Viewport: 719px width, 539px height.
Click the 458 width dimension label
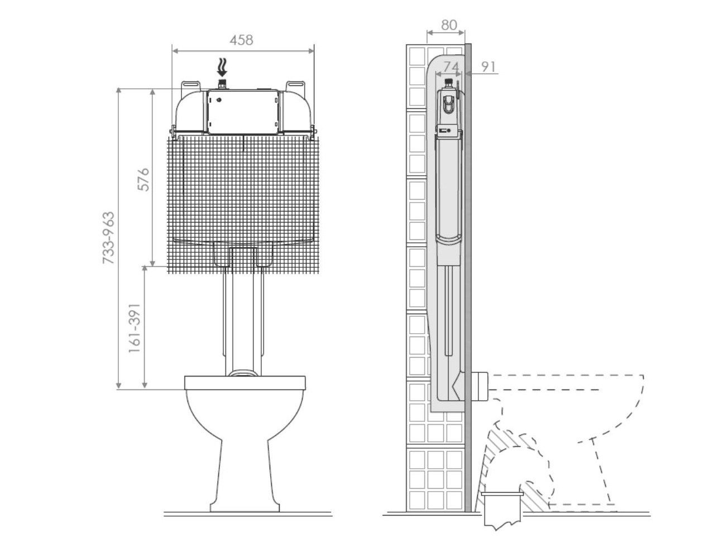tap(241, 40)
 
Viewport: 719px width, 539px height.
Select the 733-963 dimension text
tap(108, 238)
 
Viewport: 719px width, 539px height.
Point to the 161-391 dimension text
tap(135, 328)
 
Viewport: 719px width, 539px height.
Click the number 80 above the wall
tap(449, 25)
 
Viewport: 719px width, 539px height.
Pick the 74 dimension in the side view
tap(451, 67)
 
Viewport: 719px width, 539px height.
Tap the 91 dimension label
tap(488, 67)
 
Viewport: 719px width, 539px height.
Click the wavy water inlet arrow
tap(222, 67)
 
